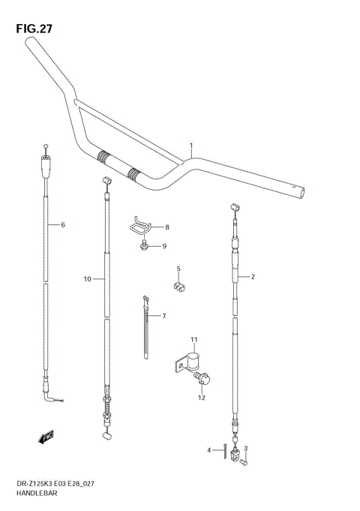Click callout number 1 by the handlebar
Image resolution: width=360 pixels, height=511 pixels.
coord(191,145)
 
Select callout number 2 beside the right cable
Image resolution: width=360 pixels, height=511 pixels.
coord(253,277)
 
